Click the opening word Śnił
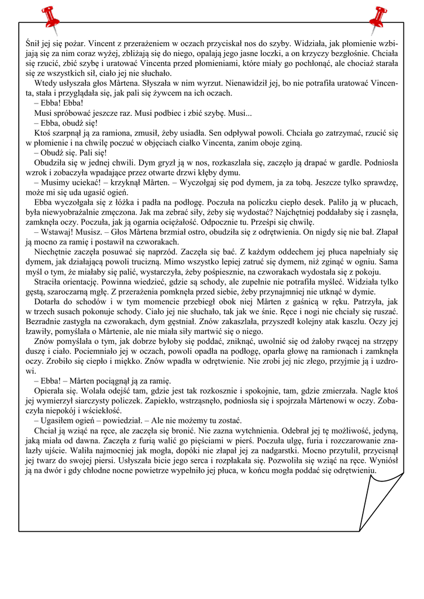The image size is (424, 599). tap(33, 43)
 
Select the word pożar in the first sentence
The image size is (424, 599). tap(74, 43)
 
